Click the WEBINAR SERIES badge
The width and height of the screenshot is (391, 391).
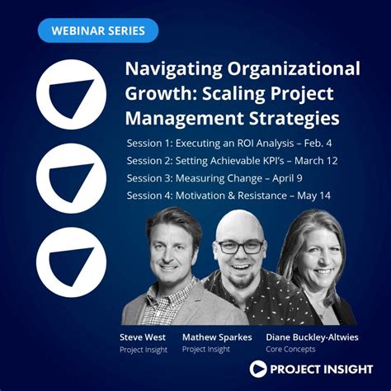point(98,31)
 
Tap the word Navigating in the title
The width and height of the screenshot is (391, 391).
point(171,68)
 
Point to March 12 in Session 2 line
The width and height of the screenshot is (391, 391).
point(314,161)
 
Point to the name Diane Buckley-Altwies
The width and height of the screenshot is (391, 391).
point(312,337)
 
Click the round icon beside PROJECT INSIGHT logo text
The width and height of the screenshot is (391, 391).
point(260,370)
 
